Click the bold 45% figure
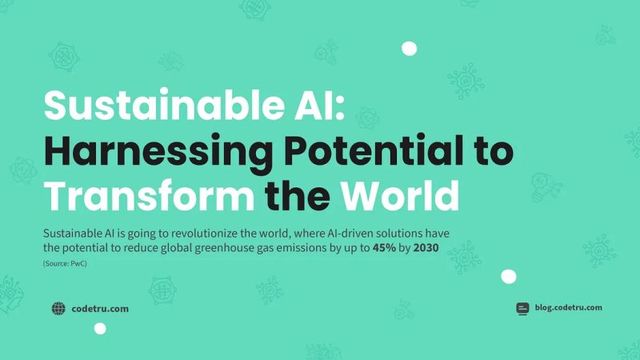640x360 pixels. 386,248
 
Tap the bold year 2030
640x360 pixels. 430,248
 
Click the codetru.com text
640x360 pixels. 100,308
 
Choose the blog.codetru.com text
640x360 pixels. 568,307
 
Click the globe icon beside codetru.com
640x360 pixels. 58,308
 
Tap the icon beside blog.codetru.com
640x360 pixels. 522,308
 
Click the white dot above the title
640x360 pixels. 409,49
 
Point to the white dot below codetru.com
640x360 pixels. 100,328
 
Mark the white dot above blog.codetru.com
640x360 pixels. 508,277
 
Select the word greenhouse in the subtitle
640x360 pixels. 207,248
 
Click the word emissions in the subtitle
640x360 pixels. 300,248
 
